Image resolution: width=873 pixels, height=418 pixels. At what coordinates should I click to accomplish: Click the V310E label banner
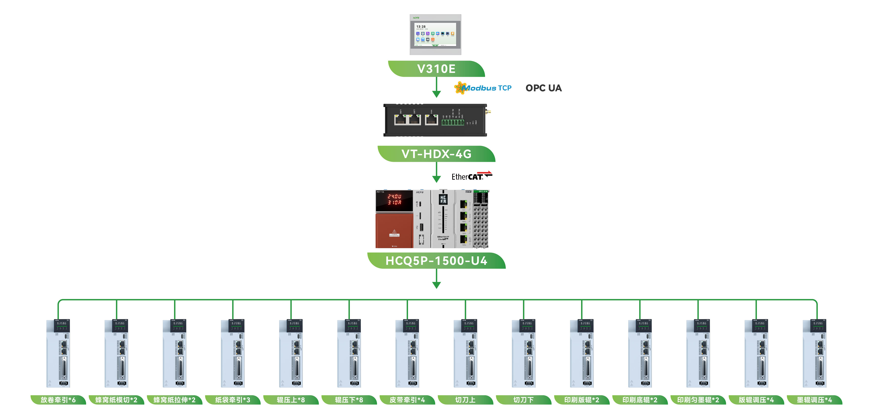[436, 69]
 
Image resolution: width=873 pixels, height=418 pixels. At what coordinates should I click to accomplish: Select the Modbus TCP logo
[483, 88]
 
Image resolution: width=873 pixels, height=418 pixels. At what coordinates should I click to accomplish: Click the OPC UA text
[543, 88]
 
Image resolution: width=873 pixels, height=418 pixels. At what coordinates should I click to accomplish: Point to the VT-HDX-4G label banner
[436, 154]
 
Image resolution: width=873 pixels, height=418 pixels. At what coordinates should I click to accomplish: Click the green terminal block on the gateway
[452, 122]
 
